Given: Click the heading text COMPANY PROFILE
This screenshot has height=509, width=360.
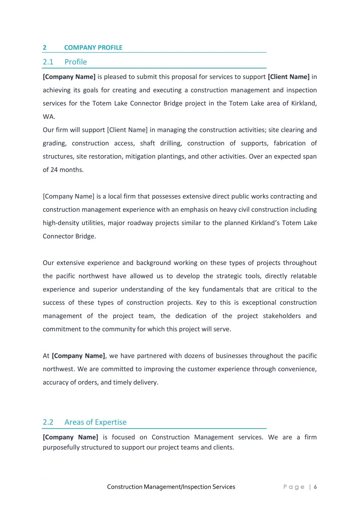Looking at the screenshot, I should click(93, 48).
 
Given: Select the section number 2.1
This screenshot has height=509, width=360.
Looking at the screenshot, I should click(48, 62).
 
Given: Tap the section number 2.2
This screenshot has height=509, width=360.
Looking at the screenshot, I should click(48, 422).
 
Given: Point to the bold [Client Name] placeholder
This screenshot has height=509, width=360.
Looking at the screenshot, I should click(288, 77).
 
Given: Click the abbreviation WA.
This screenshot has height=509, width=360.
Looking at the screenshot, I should click(49, 117).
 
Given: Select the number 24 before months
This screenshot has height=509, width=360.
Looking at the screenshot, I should click(54, 170).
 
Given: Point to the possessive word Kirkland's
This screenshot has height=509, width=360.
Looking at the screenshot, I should click(265, 223).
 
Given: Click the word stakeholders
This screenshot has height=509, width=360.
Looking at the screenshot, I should click(282, 316).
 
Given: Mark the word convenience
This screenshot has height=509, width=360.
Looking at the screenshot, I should click(297, 369).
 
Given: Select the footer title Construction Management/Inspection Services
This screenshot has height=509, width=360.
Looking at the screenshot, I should click(171, 487).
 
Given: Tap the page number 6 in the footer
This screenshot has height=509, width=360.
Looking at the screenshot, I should click(315, 487).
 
